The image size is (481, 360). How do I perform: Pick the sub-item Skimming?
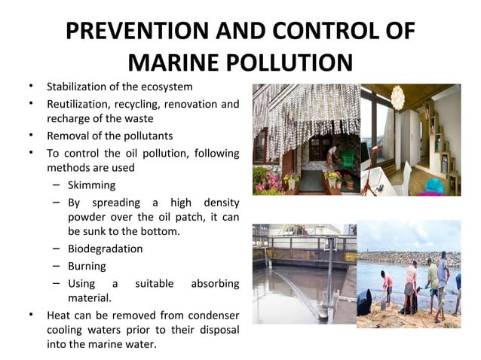[91, 185]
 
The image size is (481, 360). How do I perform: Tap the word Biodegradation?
[105, 249]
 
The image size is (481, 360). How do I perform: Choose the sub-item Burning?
[87, 266]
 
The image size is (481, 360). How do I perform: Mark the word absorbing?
[215, 284]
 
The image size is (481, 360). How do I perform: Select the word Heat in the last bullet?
[59, 316]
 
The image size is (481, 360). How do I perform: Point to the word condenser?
[215, 316]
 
